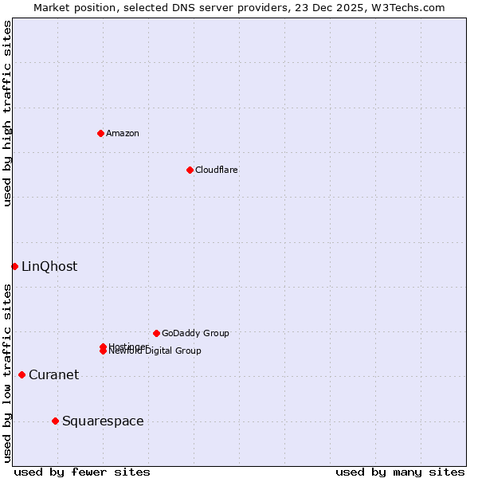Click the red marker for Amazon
point(100,133)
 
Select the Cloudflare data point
point(190,170)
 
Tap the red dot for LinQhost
point(14,266)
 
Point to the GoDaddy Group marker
point(156,333)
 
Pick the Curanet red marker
point(22,374)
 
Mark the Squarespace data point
point(55,421)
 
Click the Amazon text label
point(122,133)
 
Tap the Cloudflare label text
point(216,170)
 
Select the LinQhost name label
point(49,266)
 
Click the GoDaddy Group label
point(195,333)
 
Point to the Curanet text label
point(53,374)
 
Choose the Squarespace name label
point(103,421)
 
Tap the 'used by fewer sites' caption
point(82,472)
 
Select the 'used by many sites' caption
point(400,472)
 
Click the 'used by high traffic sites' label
point(7,113)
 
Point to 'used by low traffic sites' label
point(7,373)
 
